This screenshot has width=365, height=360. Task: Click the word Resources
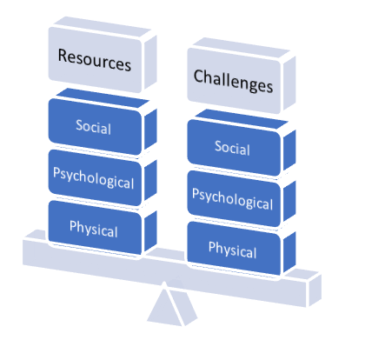tap(95, 60)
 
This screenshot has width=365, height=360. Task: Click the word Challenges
tap(233, 81)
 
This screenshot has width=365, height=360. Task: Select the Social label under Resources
tap(93, 127)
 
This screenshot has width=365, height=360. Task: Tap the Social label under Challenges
tap(232, 148)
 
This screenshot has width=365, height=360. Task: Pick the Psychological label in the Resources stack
tap(94, 178)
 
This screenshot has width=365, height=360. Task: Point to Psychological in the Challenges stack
tap(233, 199)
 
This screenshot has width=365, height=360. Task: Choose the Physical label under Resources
tap(94, 229)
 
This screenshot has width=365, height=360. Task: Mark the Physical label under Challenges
tap(233, 250)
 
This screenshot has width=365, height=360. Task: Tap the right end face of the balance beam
tap(315, 290)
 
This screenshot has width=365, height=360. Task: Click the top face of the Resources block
tap(102, 25)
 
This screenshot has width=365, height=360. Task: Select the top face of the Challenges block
tap(241, 47)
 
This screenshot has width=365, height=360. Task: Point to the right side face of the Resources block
tap(150, 63)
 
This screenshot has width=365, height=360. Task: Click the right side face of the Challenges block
tap(289, 83)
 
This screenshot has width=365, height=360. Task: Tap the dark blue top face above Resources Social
tap(102, 97)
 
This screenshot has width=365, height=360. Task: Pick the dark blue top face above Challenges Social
tap(241, 119)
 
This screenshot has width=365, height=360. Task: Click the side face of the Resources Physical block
tap(150, 232)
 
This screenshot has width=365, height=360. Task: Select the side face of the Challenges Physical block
tap(289, 253)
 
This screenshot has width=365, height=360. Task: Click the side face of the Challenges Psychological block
tap(289, 201)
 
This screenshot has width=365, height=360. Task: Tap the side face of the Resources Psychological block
tap(150, 180)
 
